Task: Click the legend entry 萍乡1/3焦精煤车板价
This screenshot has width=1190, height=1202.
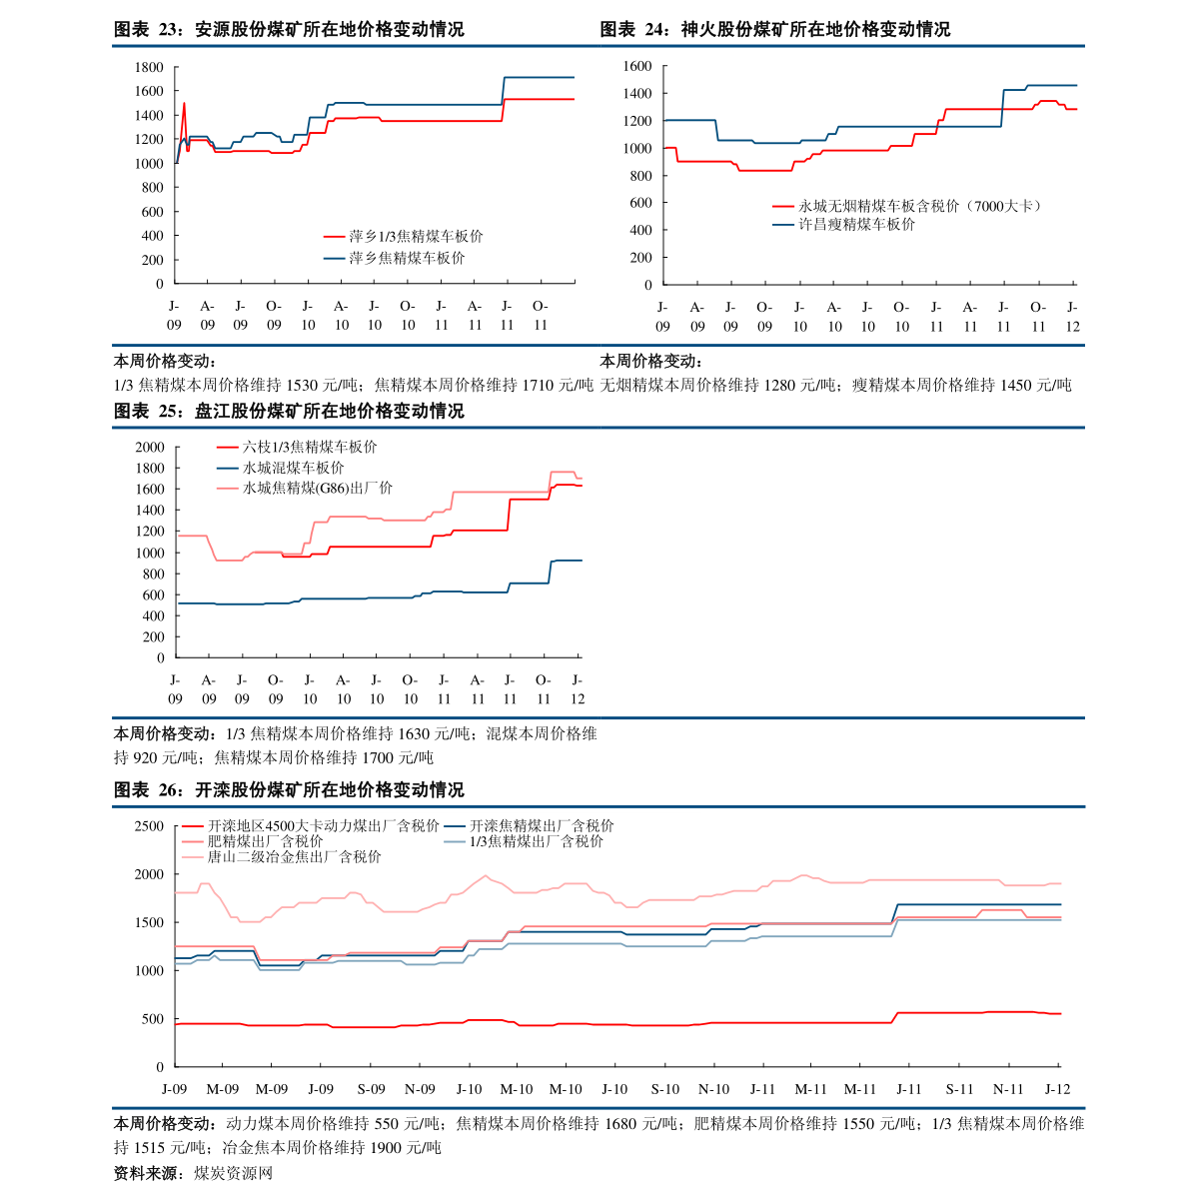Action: [x=416, y=237]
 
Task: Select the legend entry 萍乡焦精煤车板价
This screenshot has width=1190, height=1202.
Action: [x=407, y=258]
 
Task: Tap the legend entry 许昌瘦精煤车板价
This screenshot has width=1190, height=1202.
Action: [x=856, y=225]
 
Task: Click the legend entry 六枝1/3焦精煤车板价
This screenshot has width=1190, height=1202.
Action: [x=310, y=448]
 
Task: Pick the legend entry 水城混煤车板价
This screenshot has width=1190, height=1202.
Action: [x=294, y=468]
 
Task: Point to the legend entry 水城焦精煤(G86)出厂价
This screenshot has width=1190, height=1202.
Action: [x=318, y=488]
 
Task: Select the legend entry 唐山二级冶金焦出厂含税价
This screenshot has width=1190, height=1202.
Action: [x=294, y=856]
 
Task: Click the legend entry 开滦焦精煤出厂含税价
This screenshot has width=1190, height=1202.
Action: [x=542, y=826]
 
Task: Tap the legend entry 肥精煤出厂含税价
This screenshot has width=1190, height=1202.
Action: [x=265, y=841]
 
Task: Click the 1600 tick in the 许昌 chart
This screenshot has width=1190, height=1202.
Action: [x=636, y=66]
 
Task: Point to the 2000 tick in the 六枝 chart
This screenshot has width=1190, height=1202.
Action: [x=149, y=448]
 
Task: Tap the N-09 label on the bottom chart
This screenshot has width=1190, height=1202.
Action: [x=420, y=1089]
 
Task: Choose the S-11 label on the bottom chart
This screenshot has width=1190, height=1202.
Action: [x=959, y=1089]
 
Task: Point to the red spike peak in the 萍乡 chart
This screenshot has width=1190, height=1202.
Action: [x=184, y=103]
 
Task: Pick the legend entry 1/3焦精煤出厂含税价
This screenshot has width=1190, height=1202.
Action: [x=537, y=841]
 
